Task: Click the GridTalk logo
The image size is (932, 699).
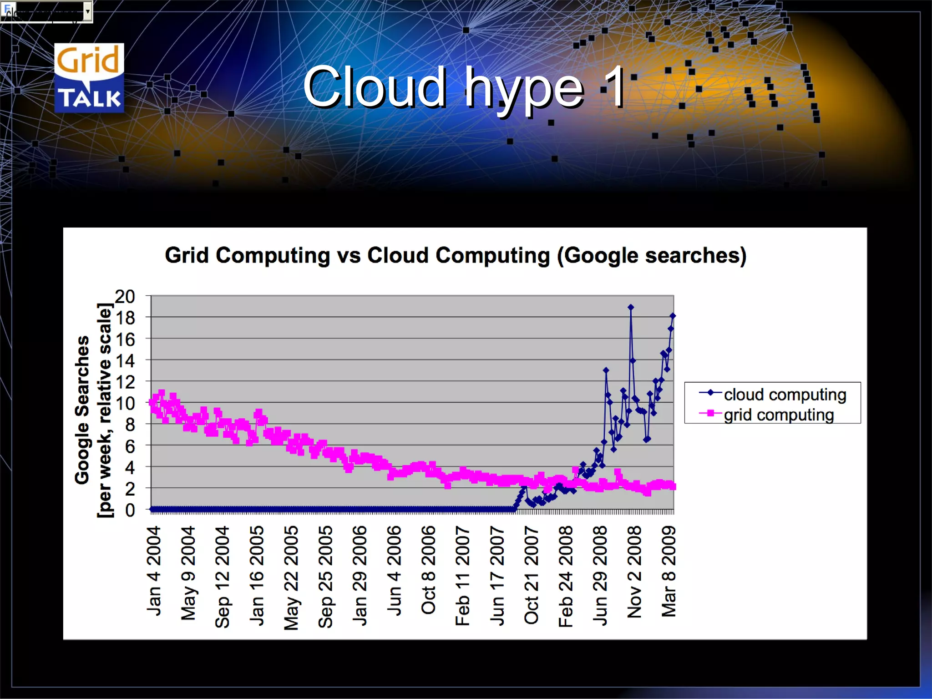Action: click(x=89, y=78)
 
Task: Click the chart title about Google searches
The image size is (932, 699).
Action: click(x=456, y=255)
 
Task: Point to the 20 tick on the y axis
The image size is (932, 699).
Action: click(x=125, y=296)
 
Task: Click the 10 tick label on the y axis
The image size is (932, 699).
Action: click(x=125, y=403)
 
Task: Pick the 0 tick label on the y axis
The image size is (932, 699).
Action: click(x=130, y=510)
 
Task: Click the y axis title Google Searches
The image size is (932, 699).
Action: click(x=82, y=410)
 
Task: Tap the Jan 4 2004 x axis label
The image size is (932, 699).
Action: click(x=154, y=571)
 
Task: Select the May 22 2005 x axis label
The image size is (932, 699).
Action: click(x=291, y=577)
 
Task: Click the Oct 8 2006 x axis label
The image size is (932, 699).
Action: click(x=428, y=570)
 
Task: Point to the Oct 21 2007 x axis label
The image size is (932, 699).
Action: click(x=531, y=574)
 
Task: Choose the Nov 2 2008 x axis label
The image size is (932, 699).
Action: click(x=634, y=572)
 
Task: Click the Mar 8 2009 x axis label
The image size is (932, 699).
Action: click(x=669, y=571)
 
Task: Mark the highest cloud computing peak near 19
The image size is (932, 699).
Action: click(x=631, y=307)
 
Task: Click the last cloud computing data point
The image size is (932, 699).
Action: click(x=673, y=316)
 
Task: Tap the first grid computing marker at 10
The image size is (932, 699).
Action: click(x=152, y=402)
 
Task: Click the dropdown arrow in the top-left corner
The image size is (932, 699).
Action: click(x=88, y=11)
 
